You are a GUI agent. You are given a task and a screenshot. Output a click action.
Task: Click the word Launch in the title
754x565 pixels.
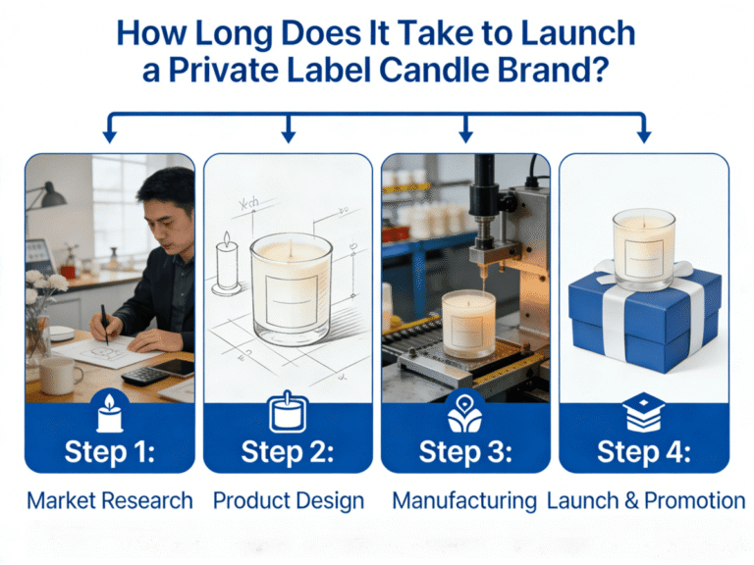click(577, 33)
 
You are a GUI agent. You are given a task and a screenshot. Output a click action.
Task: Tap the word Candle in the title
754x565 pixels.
click(430, 71)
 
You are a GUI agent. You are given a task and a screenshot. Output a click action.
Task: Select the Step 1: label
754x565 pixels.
click(110, 452)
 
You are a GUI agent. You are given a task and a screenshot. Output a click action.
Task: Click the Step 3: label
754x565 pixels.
click(465, 452)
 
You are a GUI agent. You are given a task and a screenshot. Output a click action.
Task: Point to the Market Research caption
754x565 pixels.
click(110, 500)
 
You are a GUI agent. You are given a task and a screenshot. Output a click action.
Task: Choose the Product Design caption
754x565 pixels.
click(289, 500)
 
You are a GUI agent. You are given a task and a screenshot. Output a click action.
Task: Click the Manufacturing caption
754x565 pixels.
click(464, 500)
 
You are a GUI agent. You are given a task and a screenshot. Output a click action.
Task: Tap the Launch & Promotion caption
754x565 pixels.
click(646, 500)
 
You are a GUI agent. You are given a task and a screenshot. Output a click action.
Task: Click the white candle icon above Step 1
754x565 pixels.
click(110, 413)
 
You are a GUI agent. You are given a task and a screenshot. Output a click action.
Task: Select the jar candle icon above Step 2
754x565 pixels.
click(288, 412)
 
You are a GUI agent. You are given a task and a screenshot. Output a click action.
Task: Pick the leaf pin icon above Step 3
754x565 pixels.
click(464, 413)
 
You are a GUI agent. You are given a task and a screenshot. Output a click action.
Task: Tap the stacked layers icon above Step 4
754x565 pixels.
click(643, 412)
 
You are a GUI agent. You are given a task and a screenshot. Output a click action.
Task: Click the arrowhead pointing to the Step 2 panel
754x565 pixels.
click(288, 136)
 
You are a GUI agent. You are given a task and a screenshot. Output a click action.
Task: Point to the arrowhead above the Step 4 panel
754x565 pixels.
click(644, 136)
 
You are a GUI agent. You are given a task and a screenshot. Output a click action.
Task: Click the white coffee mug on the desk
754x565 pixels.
click(59, 376)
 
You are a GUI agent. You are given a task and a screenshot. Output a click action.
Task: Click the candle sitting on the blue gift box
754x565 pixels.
click(643, 250)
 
